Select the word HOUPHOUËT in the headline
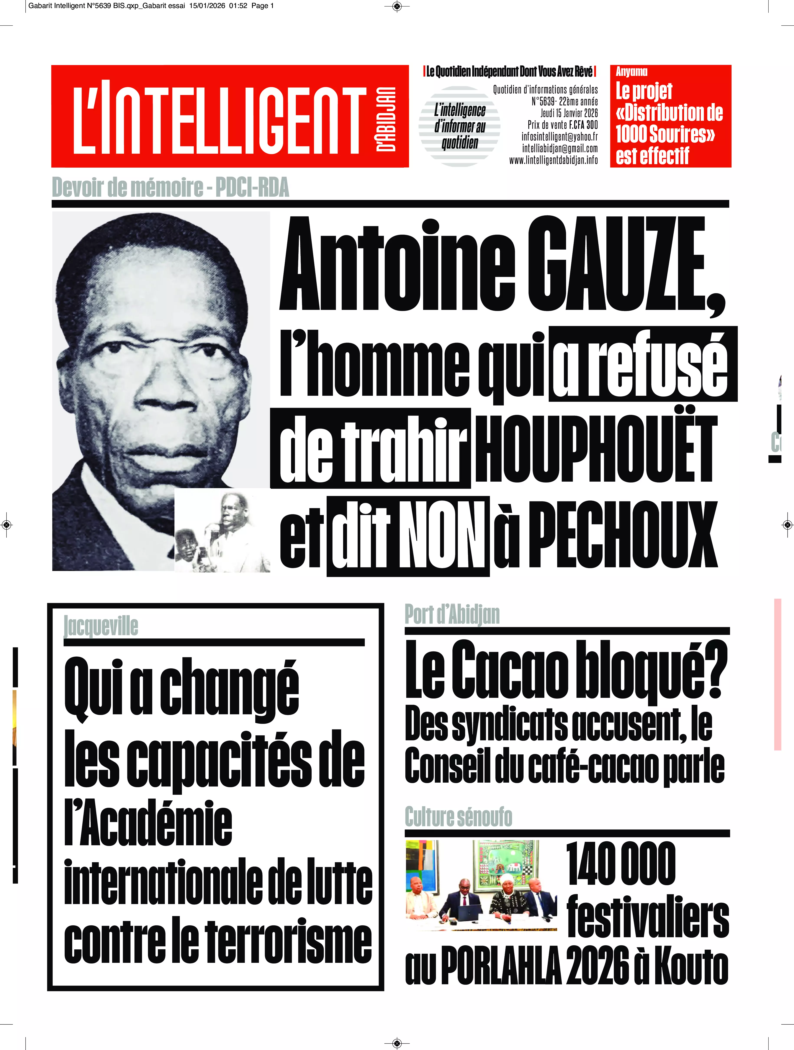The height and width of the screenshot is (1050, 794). pos(596,449)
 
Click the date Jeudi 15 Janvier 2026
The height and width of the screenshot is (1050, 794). pos(569,113)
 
